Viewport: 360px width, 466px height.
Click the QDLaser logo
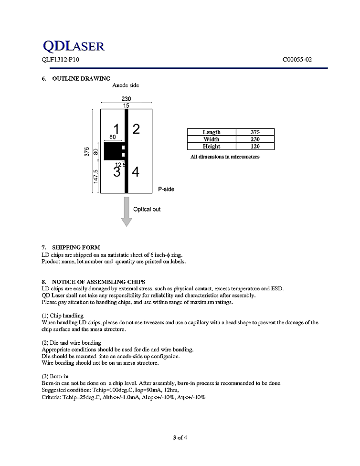[x=73, y=46]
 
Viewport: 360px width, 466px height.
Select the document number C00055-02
[x=297, y=60]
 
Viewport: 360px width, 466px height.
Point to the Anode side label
[x=126, y=85]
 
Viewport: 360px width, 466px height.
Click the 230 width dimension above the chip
[x=126, y=99]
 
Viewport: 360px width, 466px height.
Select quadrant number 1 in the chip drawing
[x=116, y=128]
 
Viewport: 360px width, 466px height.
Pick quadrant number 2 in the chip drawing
[x=136, y=128]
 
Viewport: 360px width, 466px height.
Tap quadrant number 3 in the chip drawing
[x=116, y=172]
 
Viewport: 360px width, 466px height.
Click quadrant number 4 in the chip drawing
[x=136, y=172]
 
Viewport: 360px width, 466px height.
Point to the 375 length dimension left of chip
[x=87, y=151]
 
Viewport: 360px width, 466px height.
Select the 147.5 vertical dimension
[x=95, y=176]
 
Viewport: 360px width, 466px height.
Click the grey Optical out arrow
[x=126, y=211]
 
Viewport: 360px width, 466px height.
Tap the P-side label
[x=166, y=189]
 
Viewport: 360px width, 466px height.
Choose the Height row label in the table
[x=212, y=147]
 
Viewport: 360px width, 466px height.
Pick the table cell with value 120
[x=255, y=147]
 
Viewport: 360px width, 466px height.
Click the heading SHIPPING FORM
[x=76, y=247]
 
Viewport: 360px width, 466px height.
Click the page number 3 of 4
[x=180, y=437]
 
